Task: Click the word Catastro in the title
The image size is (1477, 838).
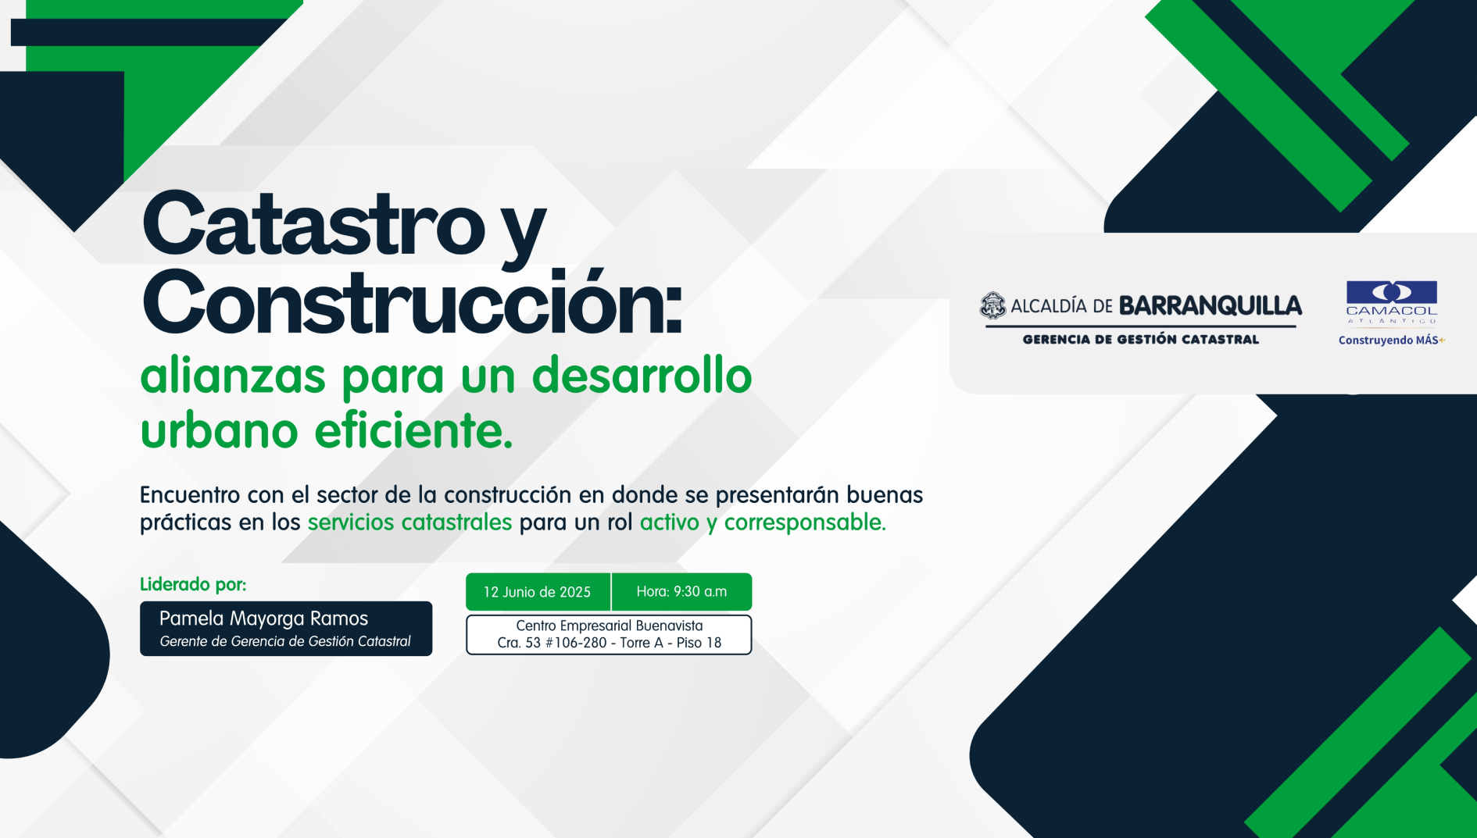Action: click(313, 224)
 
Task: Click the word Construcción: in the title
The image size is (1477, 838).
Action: click(412, 302)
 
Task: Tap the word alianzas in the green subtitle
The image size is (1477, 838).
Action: click(233, 376)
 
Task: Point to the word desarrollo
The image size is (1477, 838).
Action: click(642, 376)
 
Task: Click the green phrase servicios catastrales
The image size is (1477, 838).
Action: click(409, 522)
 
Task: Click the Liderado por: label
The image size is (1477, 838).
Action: click(193, 584)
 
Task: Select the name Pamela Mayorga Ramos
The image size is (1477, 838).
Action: click(263, 619)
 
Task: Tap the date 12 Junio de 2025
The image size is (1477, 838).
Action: click(537, 592)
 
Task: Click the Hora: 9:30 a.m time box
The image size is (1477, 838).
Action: click(681, 591)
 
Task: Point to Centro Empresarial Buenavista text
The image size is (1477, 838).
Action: click(610, 626)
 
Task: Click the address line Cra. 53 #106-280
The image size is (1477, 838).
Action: click(552, 643)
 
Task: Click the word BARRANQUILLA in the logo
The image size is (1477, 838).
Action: click(1211, 306)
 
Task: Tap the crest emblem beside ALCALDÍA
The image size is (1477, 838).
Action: click(992, 305)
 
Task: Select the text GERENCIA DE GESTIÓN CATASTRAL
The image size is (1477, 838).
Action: click(1141, 339)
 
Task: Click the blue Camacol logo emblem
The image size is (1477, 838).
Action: click(1392, 292)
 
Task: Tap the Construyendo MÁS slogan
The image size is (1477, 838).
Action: click(1391, 341)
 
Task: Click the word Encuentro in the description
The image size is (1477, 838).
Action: click(190, 494)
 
